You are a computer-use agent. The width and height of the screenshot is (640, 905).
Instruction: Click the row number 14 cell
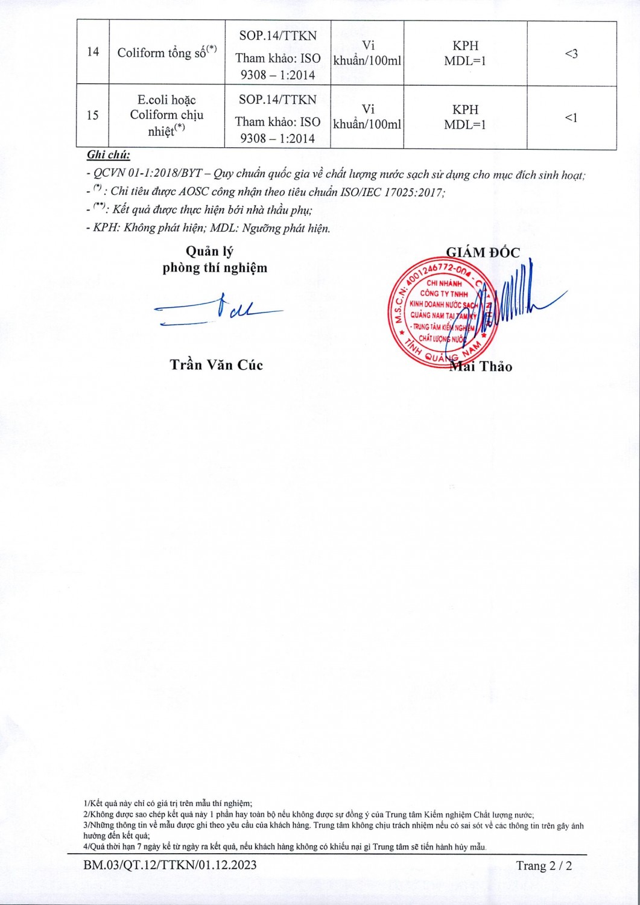coord(92,52)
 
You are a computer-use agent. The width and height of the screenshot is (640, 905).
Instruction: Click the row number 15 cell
coord(92,115)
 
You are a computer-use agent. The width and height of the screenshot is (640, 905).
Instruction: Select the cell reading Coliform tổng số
coord(166,53)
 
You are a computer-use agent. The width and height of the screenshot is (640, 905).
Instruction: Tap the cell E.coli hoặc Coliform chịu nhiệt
coord(166,115)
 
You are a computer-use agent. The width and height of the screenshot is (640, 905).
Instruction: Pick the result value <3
coord(571,54)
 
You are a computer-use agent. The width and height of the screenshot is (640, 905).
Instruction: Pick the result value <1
coord(571,118)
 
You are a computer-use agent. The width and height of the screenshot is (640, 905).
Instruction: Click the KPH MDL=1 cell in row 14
coord(465,53)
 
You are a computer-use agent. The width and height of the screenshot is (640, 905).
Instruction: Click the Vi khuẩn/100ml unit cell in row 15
coord(367,116)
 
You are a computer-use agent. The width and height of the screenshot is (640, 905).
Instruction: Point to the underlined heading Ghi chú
coord(109,155)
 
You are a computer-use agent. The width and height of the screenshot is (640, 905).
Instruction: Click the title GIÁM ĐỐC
coord(483,253)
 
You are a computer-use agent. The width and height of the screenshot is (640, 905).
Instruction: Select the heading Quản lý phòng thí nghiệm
coord(214,260)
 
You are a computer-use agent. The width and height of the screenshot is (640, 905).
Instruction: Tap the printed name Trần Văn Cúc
coord(216,364)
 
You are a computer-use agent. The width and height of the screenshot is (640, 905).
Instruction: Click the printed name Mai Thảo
coord(483,366)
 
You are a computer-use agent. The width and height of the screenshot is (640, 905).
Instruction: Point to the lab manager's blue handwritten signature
coord(217,311)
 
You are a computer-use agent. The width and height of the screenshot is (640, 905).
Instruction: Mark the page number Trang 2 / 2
coord(543,866)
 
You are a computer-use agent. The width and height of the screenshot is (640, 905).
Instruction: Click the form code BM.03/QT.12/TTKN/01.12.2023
coord(170,865)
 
